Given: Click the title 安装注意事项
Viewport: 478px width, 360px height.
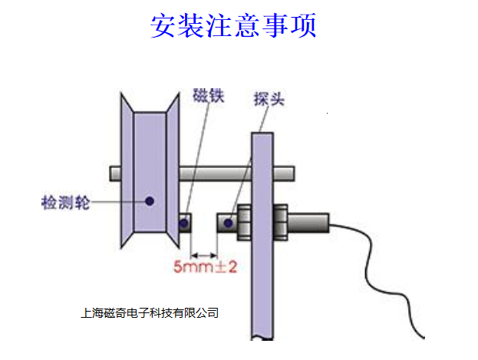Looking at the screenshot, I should [x=233, y=26].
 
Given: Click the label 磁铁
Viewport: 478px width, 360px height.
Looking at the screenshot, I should [x=208, y=97].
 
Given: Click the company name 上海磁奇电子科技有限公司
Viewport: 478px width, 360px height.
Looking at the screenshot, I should [x=150, y=312].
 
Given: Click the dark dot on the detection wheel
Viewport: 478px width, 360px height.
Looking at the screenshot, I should [x=150, y=201].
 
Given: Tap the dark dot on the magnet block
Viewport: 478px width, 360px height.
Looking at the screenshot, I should [x=184, y=223].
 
